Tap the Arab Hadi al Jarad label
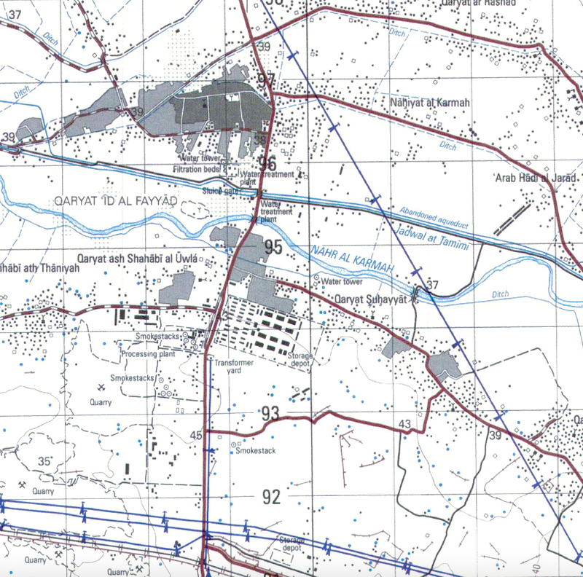pyautogui.click(x=536, y=178)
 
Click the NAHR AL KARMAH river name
pyautogui.click(x=353, y=261)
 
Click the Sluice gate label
pyautogui.click(x=221, y=191)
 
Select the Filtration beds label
pyautogui.click(x=197, y=169)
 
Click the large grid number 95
pyautogui.click(x=273, y=248)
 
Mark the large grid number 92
pyautogui.click(x=272, y=498)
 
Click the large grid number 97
pyautogui.click(x=266, y=80)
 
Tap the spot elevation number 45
pyautogui.click(x=195, y=436)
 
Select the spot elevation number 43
pyautogui.click(x=404, y=424)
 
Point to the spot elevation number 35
pyautogui.click(x=45, y=461)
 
